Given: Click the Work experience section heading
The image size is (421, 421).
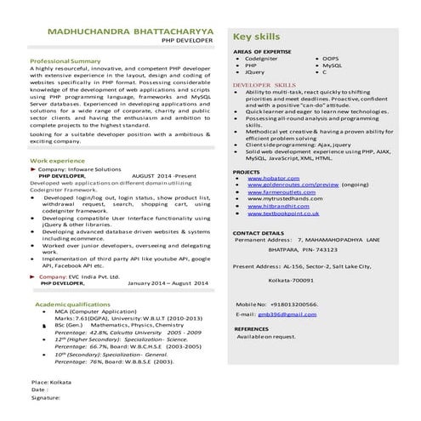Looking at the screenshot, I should [x=57, y=160].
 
